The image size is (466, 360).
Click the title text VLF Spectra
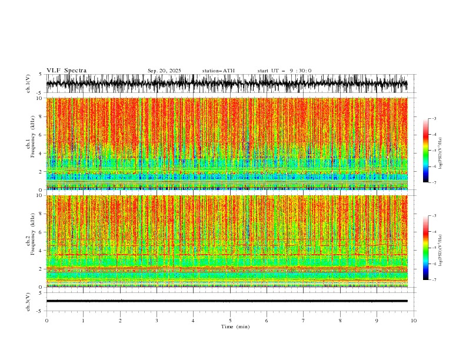(66, 71)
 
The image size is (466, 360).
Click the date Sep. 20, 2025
(165, 71)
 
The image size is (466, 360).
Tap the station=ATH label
(218, 71)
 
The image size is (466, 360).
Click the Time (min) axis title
(235, 326)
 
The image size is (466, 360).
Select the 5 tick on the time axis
(230, 321)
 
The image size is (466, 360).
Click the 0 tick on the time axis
(46, 321)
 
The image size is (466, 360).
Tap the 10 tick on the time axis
(414, 321)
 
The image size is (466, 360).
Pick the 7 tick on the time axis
(304, 321)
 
